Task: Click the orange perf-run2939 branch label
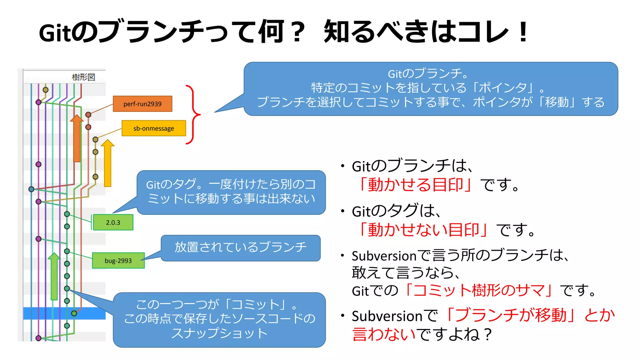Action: click(142, 104)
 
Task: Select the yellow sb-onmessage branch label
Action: click(154, 128)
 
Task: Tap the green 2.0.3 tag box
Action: click(113, 222)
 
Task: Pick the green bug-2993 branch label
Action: click(118, 261)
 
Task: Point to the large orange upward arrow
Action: click(77, 139)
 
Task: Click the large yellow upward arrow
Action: click(107, 164)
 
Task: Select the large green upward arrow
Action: click(54, 277)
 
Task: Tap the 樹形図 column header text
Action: click(83, 77)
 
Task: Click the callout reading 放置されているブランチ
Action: click(241, 247)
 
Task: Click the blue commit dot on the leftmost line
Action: click(31, 189)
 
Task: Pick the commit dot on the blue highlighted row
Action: click(74, 313)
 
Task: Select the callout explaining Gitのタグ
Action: click(231, 192)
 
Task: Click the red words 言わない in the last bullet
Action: click(384, 334)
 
